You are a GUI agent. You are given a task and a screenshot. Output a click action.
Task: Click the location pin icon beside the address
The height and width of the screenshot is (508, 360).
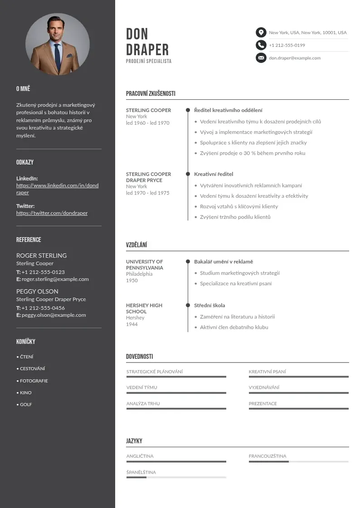(x=261, y=33)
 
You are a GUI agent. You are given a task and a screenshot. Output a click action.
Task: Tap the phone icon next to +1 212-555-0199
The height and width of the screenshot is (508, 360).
(x=261, y=45)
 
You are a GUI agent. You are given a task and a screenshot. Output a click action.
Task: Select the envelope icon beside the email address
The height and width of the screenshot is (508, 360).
(x=261, y=58)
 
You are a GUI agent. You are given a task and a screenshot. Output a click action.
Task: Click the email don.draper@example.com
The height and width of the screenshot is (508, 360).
(x=295, y=58)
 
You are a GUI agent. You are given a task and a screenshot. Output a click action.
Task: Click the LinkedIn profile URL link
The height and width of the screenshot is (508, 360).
(x=57, y=189)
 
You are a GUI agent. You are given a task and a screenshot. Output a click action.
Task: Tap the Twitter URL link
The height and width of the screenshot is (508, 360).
(x=52, y=213)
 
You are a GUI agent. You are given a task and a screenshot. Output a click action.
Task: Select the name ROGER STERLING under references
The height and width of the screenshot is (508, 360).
(x=41, y=255)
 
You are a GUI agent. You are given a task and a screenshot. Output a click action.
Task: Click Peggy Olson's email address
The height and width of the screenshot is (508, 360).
(x=54, y=315)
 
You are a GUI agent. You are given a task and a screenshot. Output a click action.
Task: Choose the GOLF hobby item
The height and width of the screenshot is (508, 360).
(x=26, y=405)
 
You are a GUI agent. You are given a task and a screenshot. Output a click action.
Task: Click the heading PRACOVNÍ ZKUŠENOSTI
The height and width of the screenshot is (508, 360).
(x=151, y=94)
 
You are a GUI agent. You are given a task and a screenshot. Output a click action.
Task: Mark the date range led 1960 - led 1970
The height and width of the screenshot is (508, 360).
(x=147, y=123)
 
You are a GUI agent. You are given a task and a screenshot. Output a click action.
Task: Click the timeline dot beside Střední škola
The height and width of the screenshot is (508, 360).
(x=188, y=306)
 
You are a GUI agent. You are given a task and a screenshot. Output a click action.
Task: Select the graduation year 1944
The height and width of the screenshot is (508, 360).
(x=132, y=324)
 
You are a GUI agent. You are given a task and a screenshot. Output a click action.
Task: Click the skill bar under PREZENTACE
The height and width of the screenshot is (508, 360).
(x=298, y=409)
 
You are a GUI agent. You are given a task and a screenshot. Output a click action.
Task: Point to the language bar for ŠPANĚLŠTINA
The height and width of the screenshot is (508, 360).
(x=176, y=478)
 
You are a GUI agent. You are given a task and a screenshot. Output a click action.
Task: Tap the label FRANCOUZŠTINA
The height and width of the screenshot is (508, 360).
(x=268, y=456)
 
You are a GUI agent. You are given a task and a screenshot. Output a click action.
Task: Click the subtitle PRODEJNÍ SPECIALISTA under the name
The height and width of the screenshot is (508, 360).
(x=149, y=61)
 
